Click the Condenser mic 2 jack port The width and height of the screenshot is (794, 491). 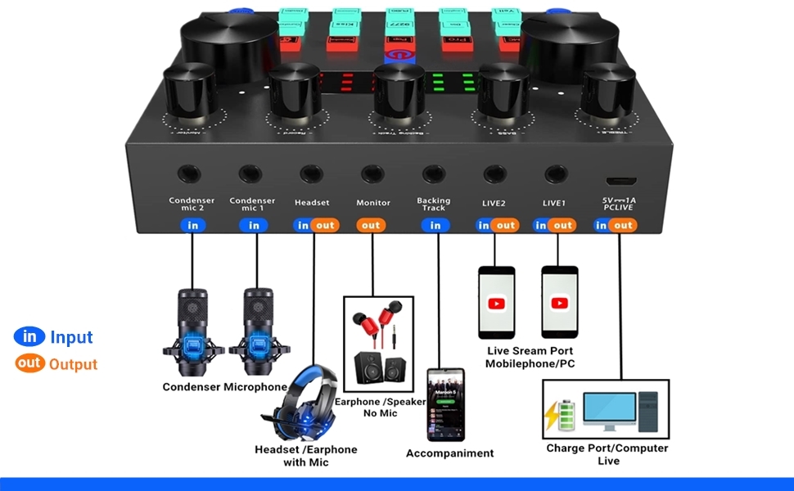pos(192,173)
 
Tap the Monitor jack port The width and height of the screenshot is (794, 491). pos(373,173)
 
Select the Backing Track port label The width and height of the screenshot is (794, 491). pos(434,204)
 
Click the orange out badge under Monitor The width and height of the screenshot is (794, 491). pos(371,225)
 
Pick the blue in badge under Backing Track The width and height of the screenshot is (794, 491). pos(435,225)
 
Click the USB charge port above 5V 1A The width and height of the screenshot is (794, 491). pos(619,179)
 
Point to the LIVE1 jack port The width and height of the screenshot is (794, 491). pos(556,173)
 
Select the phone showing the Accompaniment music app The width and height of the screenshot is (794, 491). pos(445,404)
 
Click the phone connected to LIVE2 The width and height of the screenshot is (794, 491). pos(496,302)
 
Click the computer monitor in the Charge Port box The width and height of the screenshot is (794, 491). pos(609,411)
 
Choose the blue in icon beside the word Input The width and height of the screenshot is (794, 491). pos(29,336)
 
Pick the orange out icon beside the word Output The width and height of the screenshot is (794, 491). pos(29,364)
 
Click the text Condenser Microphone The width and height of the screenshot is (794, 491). pos(224,387)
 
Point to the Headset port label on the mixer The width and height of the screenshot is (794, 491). pos(311,203)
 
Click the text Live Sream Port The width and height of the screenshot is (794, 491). pos(528,350)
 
